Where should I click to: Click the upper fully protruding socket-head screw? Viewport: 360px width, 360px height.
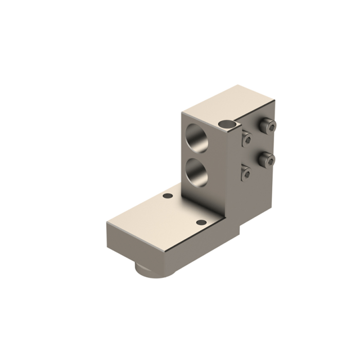[267, 124]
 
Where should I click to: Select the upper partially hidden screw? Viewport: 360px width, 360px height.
[246, 138]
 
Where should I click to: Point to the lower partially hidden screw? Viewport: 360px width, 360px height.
[246, 173]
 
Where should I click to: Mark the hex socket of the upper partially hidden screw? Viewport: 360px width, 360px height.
[247, 139]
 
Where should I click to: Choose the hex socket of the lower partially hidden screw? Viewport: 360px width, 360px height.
[247, 174]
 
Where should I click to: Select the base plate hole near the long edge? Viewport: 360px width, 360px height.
[202, 222]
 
